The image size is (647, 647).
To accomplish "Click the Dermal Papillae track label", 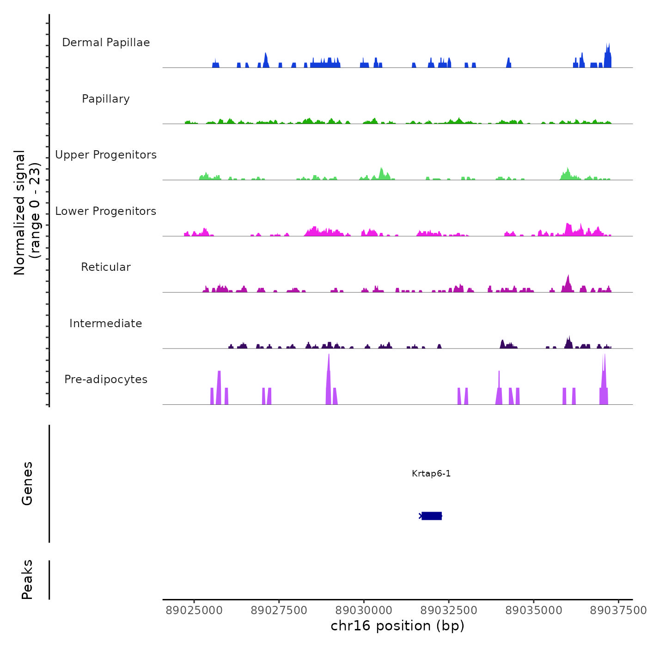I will [x=106, y=43].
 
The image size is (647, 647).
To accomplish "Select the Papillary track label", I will [x=106, y=99].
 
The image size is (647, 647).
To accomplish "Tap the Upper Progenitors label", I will [x=106, y=155].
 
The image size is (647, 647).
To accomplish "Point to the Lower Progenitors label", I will [x=106, y=211].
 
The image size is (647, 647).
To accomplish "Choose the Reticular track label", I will [x=106, y=267].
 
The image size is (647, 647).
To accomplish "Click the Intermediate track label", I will [x=106, y=323].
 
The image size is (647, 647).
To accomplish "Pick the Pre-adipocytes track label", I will [x=106, y=379].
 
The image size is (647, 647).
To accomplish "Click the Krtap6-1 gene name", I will [x=431, y=473].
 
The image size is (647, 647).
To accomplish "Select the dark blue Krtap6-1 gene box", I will [x=432, y=516].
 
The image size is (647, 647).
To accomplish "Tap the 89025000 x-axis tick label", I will [x=194, y=610].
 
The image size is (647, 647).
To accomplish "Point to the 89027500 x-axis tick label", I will [x=279, y=610].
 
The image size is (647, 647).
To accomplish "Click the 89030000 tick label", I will [x=364, y=610].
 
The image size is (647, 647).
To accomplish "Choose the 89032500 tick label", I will [x=449, y=610].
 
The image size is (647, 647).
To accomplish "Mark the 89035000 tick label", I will [x=534, y=610].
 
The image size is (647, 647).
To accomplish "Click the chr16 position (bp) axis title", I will [x=397, y=626].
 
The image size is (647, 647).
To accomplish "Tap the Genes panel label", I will [x=27, y=483].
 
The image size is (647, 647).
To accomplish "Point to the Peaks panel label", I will [x=27, y=580].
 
